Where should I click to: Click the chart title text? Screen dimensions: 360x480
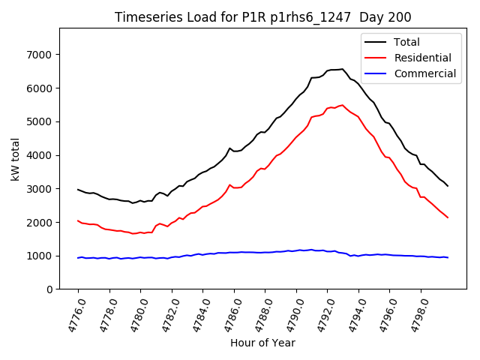tap(262, 17)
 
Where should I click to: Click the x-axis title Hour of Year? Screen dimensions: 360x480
tap(262, 343)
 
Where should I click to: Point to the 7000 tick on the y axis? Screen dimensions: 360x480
tap(38, 55)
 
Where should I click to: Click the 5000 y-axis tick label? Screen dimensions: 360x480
tap(38, 121)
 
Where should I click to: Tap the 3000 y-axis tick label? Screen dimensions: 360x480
tap(38, 189)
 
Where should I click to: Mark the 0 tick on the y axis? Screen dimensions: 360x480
tap(48, 289)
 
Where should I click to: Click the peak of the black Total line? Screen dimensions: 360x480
tap(342, 69)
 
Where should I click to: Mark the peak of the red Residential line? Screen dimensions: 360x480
tap(342, 105)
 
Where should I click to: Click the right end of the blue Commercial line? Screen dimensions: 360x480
tap(448, 257)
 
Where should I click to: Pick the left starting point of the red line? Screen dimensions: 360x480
tap(78, 220)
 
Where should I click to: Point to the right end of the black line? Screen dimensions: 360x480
tap(448, 186)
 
